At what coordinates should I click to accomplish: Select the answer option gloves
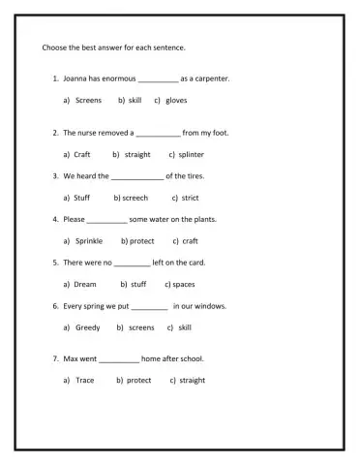click(176, 100)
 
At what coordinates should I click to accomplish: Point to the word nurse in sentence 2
click(87, 133)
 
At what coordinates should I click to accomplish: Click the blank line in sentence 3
click(137, 177)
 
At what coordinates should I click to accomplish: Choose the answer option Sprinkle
click(89, 241)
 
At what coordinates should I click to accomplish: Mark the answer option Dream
click(85, 285)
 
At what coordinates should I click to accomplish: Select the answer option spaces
click(184, 285)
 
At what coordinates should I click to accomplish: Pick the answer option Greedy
click(88, 327)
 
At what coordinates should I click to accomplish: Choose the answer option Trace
click(85, 381)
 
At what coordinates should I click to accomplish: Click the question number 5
click(55, 263)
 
